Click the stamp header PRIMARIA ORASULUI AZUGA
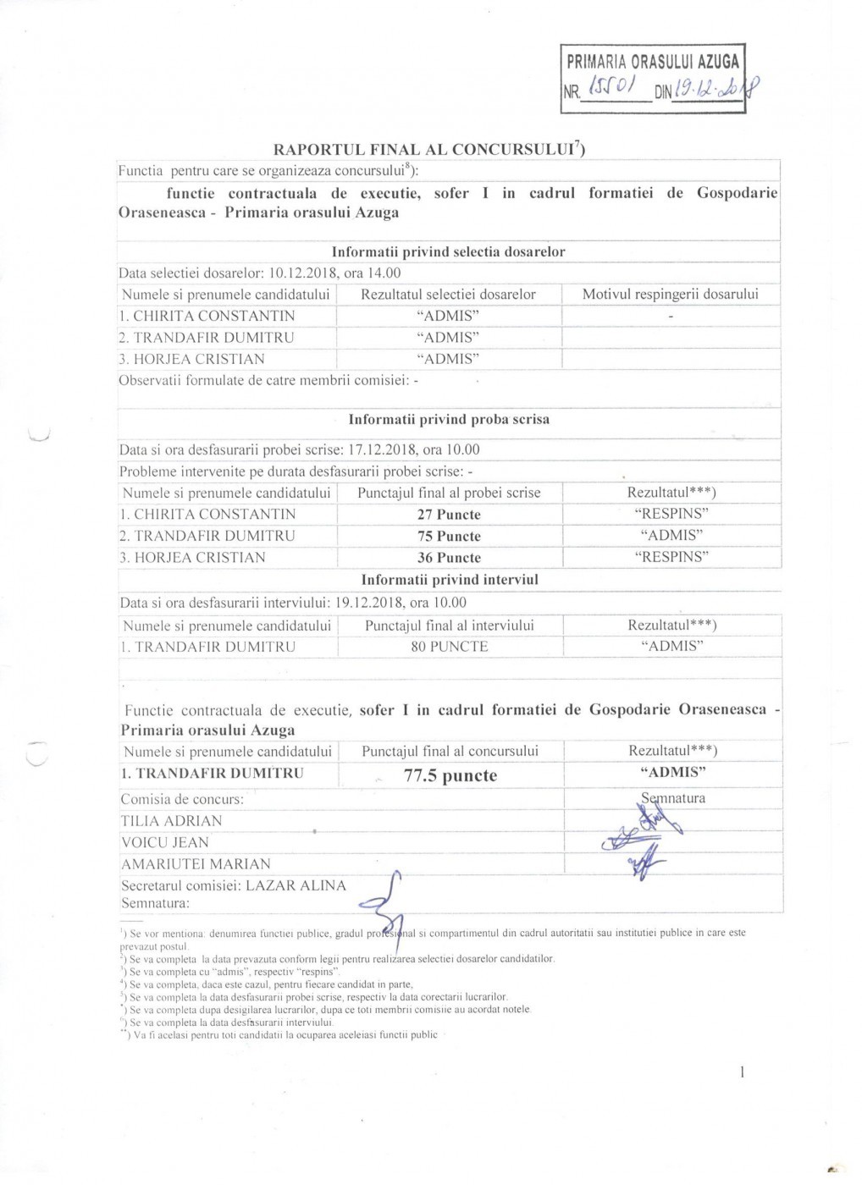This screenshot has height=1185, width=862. pyautogui.click(x=652, y=61)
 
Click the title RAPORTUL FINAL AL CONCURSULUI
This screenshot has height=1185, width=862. pyautogui.click(x=428, y=150)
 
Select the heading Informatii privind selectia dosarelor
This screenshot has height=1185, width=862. pyautogui.click(x=448, y=251)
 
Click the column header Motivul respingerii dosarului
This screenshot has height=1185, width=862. pyautogui.click(x=670, y=295)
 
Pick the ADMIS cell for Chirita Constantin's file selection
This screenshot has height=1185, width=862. pyautogui.click(x=448, y=316)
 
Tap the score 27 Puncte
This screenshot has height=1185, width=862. pyautogui.click(x=448, y=515)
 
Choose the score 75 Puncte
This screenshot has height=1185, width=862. pyautogui.click(x=448, y=537)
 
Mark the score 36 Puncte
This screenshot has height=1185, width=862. pyautogui.click(x=448, y=558)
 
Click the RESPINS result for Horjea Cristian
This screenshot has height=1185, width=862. pyautogui.click(x=671, y=557)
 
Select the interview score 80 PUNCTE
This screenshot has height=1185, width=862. pyautogui.click(x=449, y=647)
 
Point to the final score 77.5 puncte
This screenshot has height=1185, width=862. pyautogui.click(x=450, y=776)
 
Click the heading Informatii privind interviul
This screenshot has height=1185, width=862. pyautogui.click(x=450, y=580)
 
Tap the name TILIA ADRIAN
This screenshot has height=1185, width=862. pyautogui.click(x=172, y=821)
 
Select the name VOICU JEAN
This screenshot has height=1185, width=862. pyautogui.click(x=164, y=842)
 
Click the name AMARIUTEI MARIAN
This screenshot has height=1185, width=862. pyautogui.click(x=196, y=864)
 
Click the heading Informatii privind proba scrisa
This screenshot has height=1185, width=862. pyautogui.click(x=449, y=419)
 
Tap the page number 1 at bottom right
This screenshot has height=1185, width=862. pyautogui.click(x=743, y=1073)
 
